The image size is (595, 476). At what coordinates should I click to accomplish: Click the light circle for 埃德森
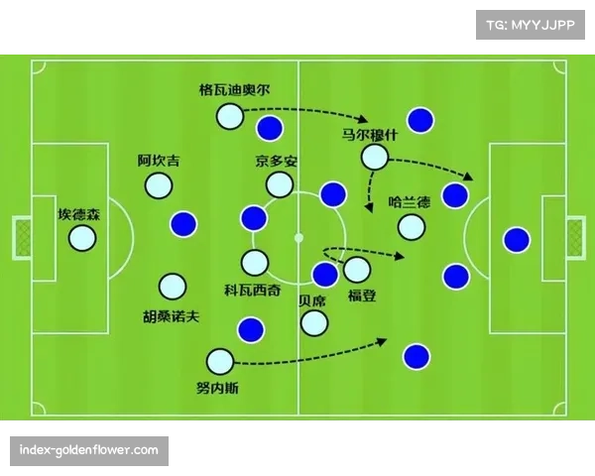(81, 238)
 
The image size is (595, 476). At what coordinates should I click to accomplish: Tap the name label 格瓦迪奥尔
(233, 89)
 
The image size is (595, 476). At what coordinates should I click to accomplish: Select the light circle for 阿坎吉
(158, 185)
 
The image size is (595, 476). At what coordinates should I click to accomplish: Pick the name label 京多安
(276, 161)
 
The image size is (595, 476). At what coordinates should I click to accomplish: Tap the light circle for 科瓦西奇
(255, 263)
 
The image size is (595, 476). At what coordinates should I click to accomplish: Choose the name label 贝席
(312, 300)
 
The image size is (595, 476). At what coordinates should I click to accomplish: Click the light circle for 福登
(356, 269)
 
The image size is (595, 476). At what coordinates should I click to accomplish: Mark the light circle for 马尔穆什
(374, 157)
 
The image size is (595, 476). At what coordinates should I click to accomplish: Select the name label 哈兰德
(410, 202)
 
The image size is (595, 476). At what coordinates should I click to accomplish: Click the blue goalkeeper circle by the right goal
(516, 239)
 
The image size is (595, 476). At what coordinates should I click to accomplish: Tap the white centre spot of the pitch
(297, 238)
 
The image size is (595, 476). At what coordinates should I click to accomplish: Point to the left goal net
(23, 238)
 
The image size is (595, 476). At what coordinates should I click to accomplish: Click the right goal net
(575, 238)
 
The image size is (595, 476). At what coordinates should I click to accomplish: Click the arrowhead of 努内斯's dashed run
(383, 342)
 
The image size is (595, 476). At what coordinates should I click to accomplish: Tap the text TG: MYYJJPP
(531, 25)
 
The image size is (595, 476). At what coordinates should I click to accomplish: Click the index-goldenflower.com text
(89, 451)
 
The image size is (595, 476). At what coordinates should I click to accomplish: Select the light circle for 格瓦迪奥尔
(229, 116)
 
